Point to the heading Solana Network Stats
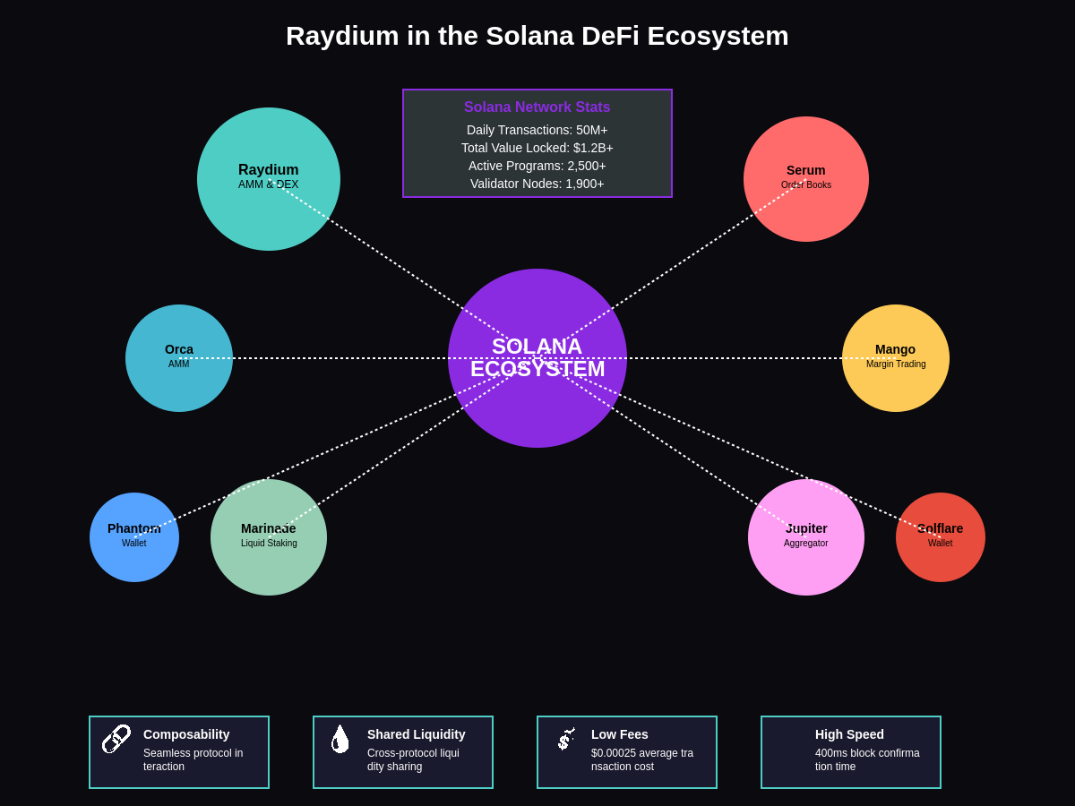(x=537, y=107)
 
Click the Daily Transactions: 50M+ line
(x=537, y=130)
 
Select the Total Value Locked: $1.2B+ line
(x=537, y=148)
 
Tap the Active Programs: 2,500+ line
(x=537, y=166)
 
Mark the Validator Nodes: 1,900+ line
(x=537, y=184)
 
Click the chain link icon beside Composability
(x=116, y=739)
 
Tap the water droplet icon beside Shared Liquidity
(x=340, y=739)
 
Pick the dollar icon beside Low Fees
(x=565, y=739)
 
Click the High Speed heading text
(x=849, y=734)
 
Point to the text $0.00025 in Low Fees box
(x=613, y=753)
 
